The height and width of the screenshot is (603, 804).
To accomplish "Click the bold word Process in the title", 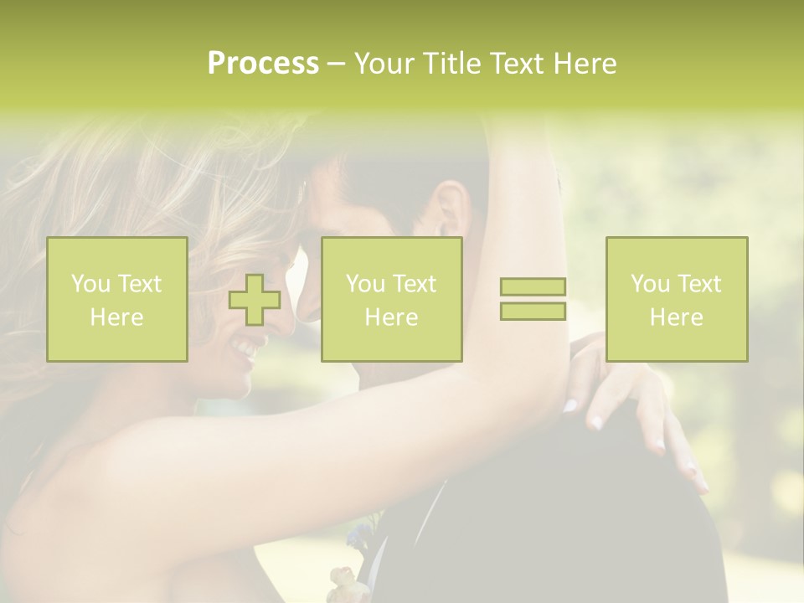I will pos(263,64).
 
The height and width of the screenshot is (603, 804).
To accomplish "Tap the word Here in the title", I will pos(585,64).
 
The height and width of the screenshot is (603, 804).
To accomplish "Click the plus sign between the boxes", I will pos(255,300).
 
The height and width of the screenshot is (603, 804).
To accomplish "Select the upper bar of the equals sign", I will pos(533,287).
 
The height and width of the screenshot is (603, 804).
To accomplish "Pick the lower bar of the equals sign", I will pos(533,311).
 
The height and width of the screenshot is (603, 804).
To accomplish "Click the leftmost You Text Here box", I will pos(117,300).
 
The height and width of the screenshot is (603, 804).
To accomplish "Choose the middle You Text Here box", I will pos(391,300).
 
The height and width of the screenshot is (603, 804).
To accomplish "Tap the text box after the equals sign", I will pos(676,300).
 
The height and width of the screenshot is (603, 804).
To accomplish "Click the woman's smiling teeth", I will pos(245,345).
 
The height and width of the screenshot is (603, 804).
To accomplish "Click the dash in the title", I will pos(336,64).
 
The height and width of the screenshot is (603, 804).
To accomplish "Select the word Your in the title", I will pos(384,64).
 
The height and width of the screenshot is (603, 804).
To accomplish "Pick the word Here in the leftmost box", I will pos(117,317).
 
